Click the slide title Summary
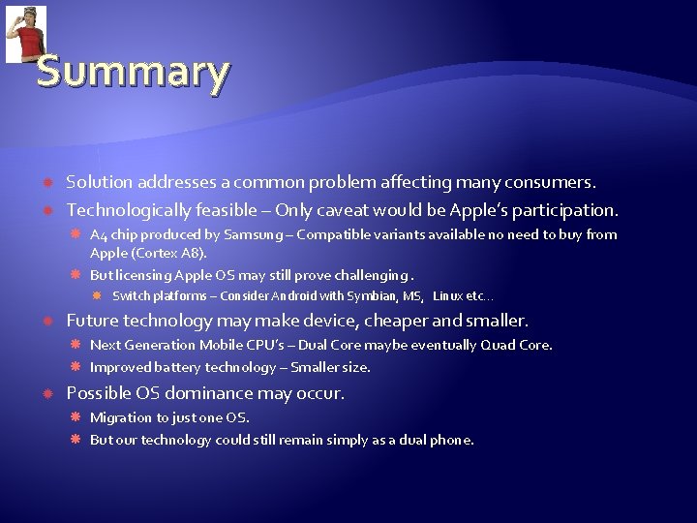pyautogui.click(x=133, y=72)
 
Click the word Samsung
pyautogui.click(x=254, y=234)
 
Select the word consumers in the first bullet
pyautogui.click(x=556, y=182)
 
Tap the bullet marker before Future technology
pyautogui.click(x=46, y=321)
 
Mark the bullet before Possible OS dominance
pyautogui.click(x=46, y=394)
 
